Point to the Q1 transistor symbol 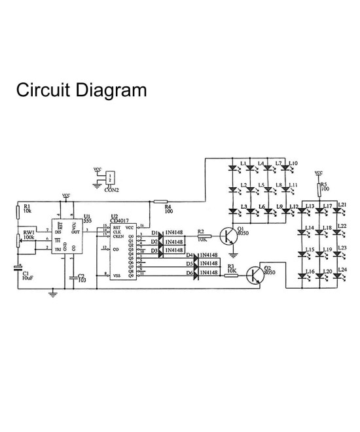coord(228,236)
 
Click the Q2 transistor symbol coord(255,276)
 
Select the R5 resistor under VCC coord(319,190)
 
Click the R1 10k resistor coord(19,211)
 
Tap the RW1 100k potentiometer coord(19,239)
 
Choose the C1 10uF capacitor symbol coord(19,268)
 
